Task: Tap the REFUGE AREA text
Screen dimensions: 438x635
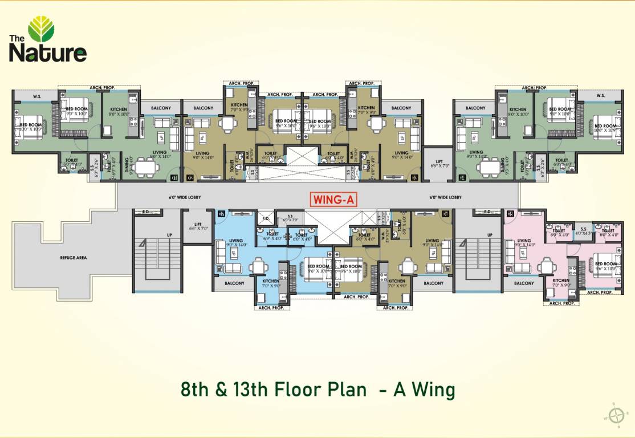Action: tap(73, 258)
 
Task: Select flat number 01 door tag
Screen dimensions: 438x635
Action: tap(174, 178)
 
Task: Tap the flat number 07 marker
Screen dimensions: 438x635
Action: tap(221, 214)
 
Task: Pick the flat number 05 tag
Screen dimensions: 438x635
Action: tap(510, 214)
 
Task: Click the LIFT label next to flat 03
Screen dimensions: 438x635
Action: tap(438, 163)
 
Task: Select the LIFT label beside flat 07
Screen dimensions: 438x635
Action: tap(197, 225)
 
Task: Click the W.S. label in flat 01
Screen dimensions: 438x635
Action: tap(38, 96)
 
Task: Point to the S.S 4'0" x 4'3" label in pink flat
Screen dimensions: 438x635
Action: tap(583, 232)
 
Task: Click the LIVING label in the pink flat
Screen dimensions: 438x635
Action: tap(523, 242)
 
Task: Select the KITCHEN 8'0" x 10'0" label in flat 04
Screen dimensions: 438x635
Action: tap(518, 112)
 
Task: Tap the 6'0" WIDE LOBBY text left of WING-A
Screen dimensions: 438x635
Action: tap(185, 197)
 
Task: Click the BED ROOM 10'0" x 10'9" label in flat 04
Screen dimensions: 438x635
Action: tap(604, 128)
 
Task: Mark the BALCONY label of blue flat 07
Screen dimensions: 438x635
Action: tap(234, 283)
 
